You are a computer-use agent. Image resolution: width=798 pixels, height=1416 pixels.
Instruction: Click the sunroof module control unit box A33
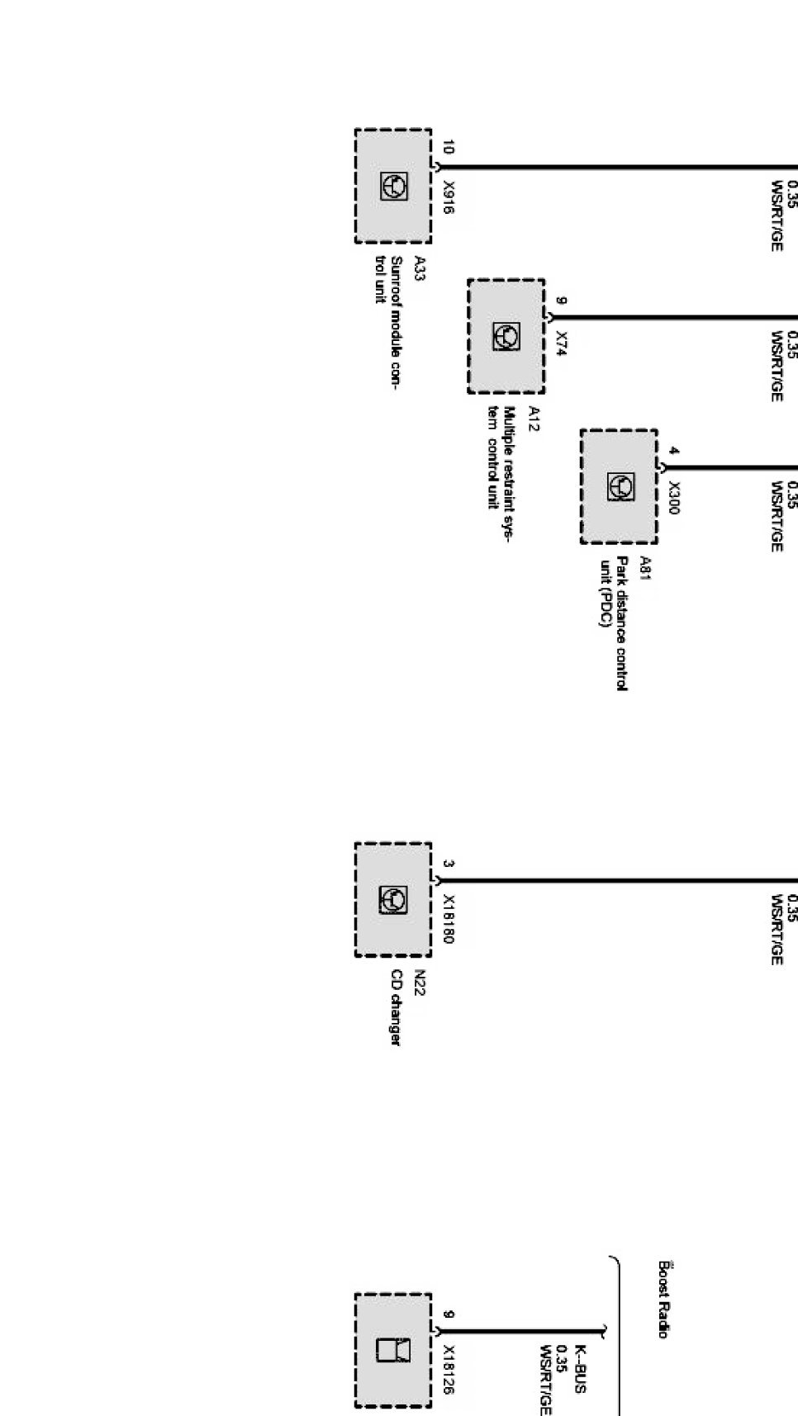393,186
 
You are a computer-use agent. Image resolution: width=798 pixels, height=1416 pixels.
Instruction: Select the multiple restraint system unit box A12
506,336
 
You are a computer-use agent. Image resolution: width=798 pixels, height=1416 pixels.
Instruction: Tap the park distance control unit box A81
619,486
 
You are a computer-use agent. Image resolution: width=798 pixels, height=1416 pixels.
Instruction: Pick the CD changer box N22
393,899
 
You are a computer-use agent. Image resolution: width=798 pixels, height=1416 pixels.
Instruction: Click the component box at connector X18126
393,1350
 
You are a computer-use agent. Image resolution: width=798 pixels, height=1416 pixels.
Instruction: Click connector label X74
562,343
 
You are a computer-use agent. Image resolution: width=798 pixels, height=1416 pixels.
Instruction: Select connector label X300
674,498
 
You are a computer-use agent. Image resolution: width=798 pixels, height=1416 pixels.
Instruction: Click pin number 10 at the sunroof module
448,148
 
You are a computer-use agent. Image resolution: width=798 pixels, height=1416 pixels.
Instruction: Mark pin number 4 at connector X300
674,452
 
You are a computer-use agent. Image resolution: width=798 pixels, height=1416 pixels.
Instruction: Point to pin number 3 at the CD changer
448,864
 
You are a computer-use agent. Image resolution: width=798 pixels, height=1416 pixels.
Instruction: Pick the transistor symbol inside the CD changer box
393,899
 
